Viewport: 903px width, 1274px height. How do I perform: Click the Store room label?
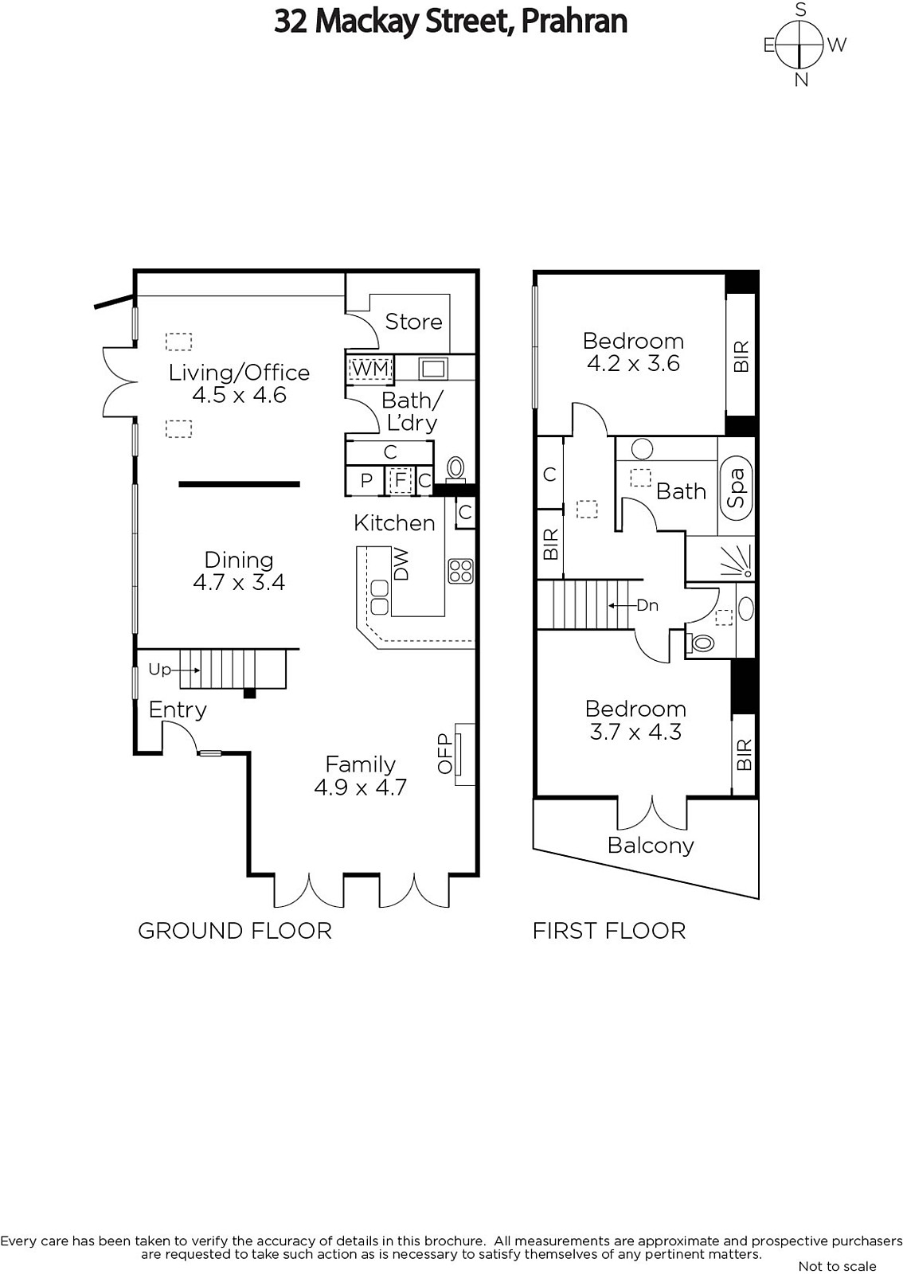(x=413, y=322)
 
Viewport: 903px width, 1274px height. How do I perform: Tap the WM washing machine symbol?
(x=370, y=369)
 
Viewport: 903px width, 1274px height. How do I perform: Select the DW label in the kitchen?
(x=401, y=564)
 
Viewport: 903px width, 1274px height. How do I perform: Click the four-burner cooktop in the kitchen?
(x=460, y=572)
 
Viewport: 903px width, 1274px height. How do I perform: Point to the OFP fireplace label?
(x=444, y=753)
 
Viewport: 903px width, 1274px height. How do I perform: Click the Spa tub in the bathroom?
(x=736, y=488)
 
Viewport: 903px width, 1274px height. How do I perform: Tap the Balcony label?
(x=651, y=846)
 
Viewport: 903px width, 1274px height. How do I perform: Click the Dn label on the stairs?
(x=647, y=605)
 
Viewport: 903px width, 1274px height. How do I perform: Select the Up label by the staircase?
(x=159, y=670)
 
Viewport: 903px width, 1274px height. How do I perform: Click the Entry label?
(x=178, y=709)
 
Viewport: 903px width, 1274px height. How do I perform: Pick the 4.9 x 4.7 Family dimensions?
(x=361, y=787)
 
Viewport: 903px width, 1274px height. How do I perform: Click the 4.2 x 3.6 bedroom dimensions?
(x=633, y=363)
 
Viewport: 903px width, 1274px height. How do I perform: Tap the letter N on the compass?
(x=801, y=80)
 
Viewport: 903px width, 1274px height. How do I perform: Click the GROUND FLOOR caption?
(x=235, y=931)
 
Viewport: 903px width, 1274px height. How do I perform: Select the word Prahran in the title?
(x=574, y=21)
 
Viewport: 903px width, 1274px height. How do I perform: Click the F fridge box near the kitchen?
(x=401, y=481)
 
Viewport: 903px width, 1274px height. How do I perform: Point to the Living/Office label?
(x=239, y=373)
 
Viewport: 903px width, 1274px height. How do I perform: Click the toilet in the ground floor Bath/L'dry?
(x=455, y=469)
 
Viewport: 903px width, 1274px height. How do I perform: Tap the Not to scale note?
(x=837, y=1266)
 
